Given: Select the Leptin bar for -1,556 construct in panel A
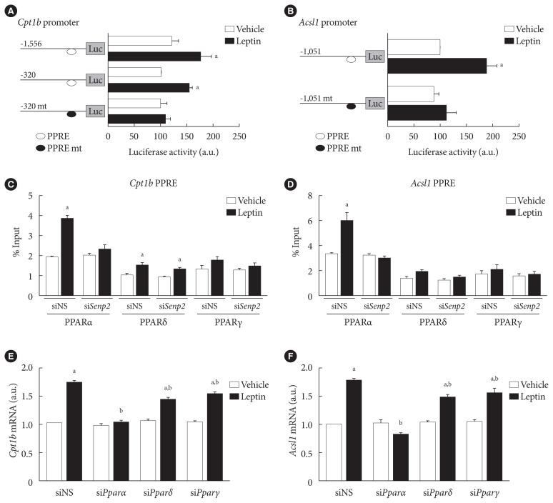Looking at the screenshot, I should click(x=154, y=56).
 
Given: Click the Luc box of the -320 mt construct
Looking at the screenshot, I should click(x=96, y=111).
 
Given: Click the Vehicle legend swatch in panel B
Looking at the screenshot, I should click(x=509, y=29).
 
